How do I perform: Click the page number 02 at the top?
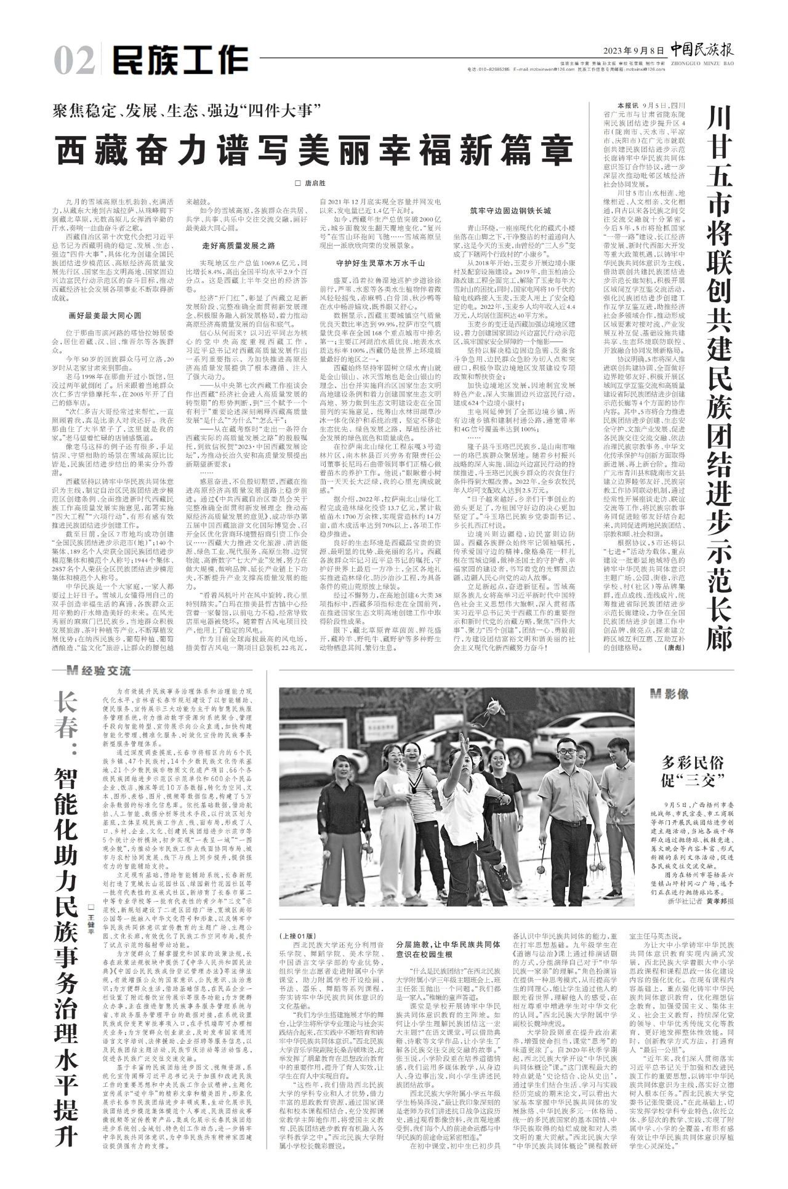point(73,60)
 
